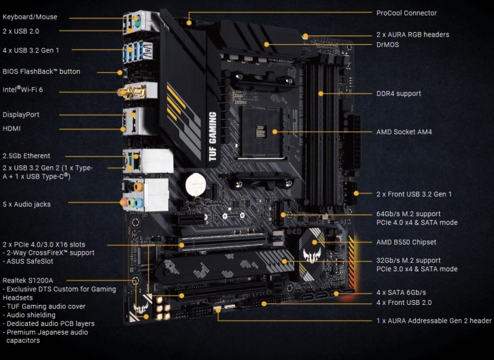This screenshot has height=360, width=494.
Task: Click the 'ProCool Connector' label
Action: (406, 13)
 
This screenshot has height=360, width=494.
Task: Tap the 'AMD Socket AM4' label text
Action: (404, 132)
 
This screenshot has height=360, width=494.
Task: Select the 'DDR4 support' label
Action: (398, 94)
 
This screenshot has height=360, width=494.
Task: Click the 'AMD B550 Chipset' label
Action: (405, 242)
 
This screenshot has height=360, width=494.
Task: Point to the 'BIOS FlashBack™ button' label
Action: (41, 71)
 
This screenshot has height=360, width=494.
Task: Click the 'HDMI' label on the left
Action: (12, 128)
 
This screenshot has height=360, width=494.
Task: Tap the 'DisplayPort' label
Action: (20, 115)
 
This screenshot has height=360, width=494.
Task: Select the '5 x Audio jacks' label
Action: (27, 204)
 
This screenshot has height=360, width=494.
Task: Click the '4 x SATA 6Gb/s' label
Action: (401, 292)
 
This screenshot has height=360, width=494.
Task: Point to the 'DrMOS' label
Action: (388, 45)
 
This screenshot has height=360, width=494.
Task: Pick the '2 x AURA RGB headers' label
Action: (412, 35)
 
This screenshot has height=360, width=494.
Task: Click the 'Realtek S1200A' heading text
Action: (28, 281)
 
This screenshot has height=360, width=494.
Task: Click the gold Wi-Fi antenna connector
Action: (127, 92)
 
